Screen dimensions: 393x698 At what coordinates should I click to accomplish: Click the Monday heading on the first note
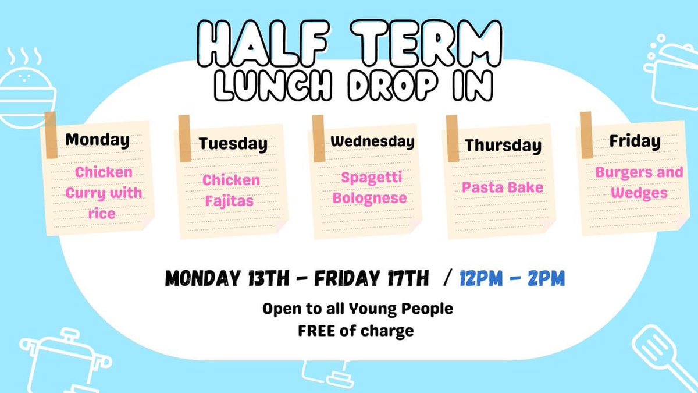click(x=97, y=140)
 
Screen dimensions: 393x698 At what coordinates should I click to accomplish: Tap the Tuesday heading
click(x=233, y=144)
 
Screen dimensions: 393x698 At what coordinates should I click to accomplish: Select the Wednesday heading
click(x=372, y=141)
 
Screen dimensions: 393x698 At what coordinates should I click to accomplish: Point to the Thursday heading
click(x=503, y=146)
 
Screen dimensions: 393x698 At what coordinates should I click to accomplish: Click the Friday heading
click(x=635, y=141)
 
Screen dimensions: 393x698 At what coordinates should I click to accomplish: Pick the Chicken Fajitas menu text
click(x=231, y=191)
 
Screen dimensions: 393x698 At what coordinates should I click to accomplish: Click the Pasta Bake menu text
click(x=503, y=187)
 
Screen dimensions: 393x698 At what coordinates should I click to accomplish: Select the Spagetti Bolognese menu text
click(x=369, y=187)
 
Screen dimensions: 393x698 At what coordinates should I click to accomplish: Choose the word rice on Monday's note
click(x=102, y=214)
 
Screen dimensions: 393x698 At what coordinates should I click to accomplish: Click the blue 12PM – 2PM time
click(x=512, y=278)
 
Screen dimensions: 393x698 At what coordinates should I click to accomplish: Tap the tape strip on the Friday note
click(x=586, y=134)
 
